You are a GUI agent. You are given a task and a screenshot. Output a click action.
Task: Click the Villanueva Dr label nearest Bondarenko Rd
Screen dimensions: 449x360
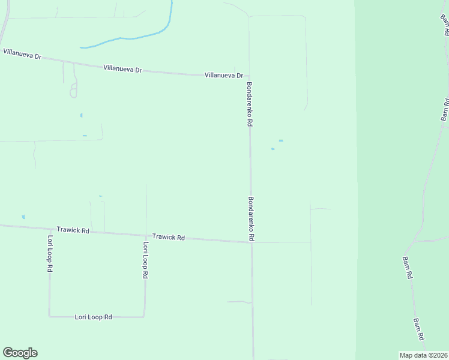click(223, 76)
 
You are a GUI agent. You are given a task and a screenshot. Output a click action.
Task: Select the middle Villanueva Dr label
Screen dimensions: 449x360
click(122, 70)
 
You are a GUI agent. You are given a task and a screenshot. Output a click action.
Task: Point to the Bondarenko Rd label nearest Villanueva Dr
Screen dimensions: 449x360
click(249, 104)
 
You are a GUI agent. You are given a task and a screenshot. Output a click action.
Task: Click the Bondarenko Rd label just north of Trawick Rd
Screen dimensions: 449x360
click(252, 219)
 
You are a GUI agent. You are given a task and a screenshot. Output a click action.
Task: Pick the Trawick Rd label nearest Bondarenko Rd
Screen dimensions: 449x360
click(168, 238)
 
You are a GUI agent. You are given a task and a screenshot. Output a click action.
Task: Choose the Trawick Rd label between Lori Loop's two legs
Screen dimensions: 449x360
click(73, 230)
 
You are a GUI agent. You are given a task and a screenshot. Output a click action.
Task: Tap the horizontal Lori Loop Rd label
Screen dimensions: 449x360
click(94, 317)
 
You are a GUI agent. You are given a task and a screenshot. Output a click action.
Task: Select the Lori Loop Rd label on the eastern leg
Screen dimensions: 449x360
click(145, 260)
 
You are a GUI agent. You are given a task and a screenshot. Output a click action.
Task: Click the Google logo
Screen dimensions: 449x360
click(20, 353)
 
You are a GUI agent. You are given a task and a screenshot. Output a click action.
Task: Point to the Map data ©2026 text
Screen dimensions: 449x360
click(423, 355)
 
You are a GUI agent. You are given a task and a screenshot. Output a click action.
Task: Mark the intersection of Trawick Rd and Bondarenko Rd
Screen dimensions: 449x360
click(251, 242)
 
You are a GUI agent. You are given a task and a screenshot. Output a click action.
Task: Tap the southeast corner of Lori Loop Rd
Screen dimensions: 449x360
click(143, 316)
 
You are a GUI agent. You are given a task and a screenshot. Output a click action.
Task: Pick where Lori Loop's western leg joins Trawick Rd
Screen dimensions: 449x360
click(49, 229)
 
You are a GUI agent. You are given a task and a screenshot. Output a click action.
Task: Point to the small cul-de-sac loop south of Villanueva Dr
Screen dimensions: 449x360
click(73, 92)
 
